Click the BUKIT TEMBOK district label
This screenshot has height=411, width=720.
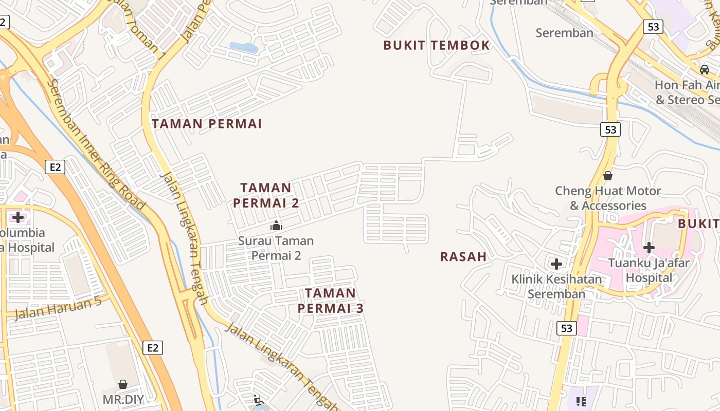[437, 45]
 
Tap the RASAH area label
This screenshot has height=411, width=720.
[463, 256]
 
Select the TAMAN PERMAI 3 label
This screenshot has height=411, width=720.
[330, 301]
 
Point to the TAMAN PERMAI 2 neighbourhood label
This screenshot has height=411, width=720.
[266, 195]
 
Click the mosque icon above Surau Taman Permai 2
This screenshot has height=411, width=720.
[276, 226]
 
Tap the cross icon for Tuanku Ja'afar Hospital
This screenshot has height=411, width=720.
[649, 248]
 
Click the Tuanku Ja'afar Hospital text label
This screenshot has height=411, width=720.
[649, 270]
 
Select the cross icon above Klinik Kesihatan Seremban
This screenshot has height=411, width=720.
[556, 264]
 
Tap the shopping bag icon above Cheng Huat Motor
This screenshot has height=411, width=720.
[608, 176]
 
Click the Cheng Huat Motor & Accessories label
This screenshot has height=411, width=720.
[608, 198]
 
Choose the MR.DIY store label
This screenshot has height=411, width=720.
[123, 399]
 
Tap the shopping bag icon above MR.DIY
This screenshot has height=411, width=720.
[123, 384]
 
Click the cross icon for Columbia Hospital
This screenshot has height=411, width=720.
[18, 217]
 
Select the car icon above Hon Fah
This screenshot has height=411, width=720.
[705, 69]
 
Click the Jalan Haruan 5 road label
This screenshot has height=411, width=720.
[58, 308]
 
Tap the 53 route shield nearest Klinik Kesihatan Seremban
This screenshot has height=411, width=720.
[566, 328]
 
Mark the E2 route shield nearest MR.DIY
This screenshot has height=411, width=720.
[153, 348]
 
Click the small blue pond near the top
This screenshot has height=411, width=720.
[243, 47]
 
